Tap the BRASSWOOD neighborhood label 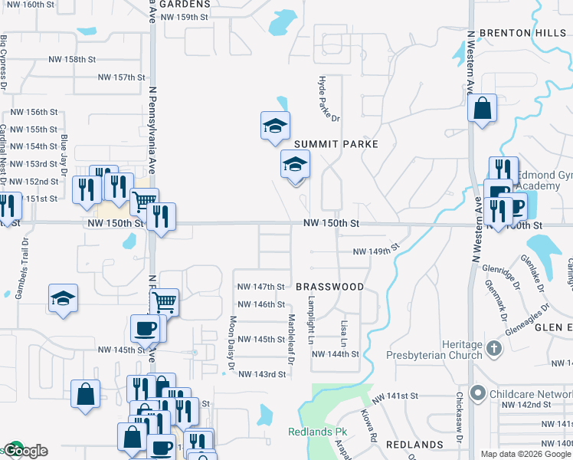coord(329,287)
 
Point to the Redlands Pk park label coord(318,432)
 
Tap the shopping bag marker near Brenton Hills coord(483,109)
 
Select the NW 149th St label coord(376,251)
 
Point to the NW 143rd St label coord(262,374)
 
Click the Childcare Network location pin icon coord(479,394)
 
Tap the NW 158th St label coord(72,59)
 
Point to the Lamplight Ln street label coord(311,320)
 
